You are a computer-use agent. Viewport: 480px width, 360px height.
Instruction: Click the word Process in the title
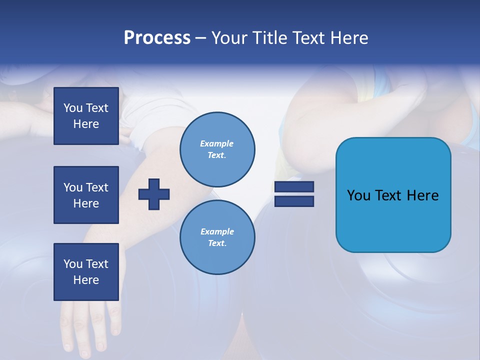point(157,38)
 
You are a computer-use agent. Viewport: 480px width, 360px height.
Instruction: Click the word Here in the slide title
point(348,38)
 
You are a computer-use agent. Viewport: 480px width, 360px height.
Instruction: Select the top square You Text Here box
point(86,116)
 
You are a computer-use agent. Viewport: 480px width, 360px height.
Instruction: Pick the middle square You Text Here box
point(86,195)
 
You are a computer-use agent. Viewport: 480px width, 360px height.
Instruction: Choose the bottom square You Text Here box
point(86,272)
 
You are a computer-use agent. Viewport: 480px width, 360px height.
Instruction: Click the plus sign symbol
point(154,194)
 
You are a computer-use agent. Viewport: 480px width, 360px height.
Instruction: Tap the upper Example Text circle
point(217,149)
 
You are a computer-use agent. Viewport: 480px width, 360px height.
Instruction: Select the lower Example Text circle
point(217,237)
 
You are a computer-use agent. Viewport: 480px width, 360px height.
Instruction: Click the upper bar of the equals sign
point(294,187)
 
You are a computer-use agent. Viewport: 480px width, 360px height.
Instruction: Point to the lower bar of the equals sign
point(294,201)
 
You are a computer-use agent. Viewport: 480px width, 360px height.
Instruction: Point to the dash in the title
point(200,38)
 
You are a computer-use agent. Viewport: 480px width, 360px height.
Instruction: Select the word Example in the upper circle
point(216,143)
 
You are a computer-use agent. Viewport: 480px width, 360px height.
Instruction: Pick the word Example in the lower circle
point(217,231)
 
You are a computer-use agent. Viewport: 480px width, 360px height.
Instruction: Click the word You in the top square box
point(73,108)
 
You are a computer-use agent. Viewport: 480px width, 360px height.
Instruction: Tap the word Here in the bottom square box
point(86,280)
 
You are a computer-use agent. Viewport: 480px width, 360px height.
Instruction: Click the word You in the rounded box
point(358,195)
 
